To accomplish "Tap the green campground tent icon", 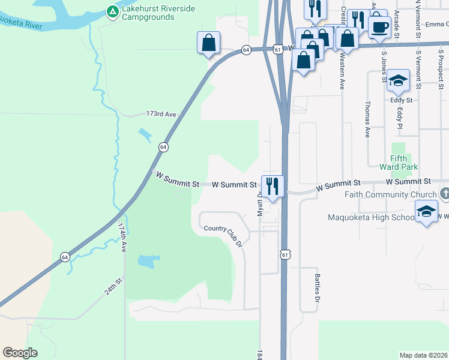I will click(112, 11).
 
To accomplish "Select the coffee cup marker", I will click(379, 26).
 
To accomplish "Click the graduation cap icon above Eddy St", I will click(398, 81).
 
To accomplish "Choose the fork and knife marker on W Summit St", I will click(273, 187).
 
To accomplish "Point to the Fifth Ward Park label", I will click(399, 162).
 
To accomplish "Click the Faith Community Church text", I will click(390, 194).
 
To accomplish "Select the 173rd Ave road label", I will click(161, 113).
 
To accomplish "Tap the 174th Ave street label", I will click(122, 238).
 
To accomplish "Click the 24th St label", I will click(113, 286).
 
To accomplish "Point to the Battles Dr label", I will click(318, 287).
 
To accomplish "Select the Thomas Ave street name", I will click(367, 119).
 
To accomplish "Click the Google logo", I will click(20, 353).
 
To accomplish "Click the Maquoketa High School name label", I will click(371, 217).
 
